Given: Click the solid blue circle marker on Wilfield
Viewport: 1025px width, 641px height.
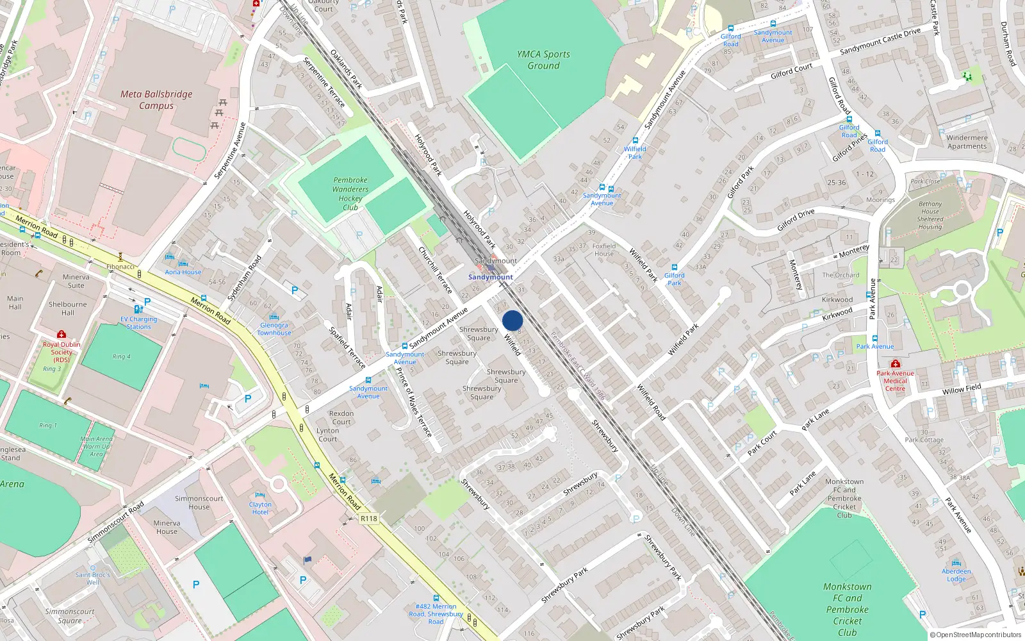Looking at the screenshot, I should [x=512, y=320].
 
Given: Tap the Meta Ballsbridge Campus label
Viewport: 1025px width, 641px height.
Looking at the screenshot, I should [x=156, y=100].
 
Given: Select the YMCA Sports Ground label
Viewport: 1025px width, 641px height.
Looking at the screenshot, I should [x=543, y=60].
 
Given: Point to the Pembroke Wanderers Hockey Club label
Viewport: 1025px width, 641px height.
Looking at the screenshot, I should [x=350, y=194].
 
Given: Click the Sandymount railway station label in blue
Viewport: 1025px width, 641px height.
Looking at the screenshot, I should [x=490, y=277].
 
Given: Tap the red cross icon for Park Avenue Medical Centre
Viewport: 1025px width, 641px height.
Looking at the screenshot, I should [x=895, y=363].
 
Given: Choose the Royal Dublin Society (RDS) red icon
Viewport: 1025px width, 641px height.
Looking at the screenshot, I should [x=61, y=335].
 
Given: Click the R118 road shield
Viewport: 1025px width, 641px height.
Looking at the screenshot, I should [x=369, y=519].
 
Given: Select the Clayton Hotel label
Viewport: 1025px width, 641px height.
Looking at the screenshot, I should [x=260, y=508].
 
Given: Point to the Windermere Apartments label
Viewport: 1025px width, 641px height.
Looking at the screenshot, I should [x=967, y=142].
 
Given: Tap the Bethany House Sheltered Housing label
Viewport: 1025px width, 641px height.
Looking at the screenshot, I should [x=930, y=215].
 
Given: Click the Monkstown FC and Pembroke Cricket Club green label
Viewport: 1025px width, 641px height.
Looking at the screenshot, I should [x=847, y=609].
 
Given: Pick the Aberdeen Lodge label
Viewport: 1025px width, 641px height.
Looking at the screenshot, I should [x=956, y=575].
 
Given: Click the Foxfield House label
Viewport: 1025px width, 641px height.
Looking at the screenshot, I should [x=603, y=250].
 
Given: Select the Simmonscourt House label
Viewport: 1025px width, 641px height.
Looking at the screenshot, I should [x=199, y=503].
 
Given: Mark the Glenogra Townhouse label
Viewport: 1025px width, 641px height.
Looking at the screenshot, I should [x=274, y=329].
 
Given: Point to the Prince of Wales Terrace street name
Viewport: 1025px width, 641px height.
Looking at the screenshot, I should [x=413, y=403].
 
